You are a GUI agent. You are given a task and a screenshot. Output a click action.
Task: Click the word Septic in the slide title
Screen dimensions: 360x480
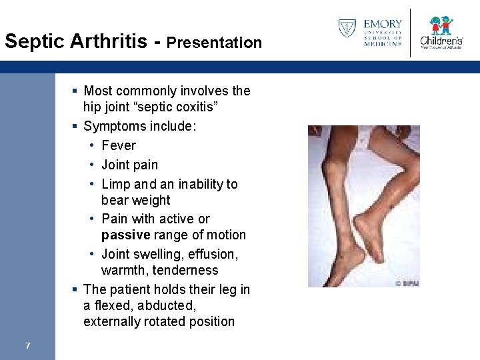33,41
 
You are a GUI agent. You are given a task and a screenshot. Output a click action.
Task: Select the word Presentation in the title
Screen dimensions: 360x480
214,43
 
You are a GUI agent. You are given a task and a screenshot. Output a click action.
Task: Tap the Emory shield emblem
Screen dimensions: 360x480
347,28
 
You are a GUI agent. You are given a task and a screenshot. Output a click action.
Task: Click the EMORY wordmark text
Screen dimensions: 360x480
383,25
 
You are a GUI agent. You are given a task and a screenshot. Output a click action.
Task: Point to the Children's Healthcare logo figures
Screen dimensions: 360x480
441,26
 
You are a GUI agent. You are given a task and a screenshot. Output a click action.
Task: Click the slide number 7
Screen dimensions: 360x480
27,345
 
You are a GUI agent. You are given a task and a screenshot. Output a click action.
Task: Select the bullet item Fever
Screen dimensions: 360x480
119,145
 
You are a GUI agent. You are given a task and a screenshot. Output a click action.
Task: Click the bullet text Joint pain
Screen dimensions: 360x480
129,165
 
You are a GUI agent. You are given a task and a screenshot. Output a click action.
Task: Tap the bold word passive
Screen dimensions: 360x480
125,235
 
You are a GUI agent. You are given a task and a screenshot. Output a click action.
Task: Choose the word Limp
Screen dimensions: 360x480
115,184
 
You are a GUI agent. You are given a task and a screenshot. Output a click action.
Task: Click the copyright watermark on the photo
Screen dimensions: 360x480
407,283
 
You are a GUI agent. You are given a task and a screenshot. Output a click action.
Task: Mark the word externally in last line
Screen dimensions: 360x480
112,321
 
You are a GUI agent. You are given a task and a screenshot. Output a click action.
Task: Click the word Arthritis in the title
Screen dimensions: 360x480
111,41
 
